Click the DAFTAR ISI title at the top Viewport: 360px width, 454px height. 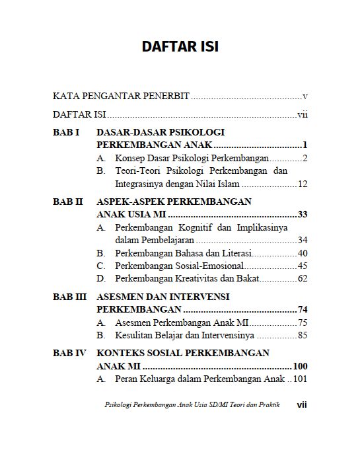pos(180,47)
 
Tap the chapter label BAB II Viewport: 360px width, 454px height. pos(68,202)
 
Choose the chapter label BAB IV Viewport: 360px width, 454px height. pos(69,353)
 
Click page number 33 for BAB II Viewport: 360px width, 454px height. pos(303,215)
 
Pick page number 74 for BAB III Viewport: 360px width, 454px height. pos(303,310)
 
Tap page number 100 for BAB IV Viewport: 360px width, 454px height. pos(301,366)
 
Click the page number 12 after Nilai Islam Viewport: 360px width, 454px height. pos(303,184)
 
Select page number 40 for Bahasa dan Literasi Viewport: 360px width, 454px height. pos(303,253)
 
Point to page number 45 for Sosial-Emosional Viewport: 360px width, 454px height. pos(303,266)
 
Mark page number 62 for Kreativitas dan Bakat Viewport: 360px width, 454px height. pos(303,278)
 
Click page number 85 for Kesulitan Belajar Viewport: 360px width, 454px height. pos(303,335)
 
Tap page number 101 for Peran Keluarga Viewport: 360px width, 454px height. pos(301,379)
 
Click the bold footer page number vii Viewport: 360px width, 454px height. pos(302,404)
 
